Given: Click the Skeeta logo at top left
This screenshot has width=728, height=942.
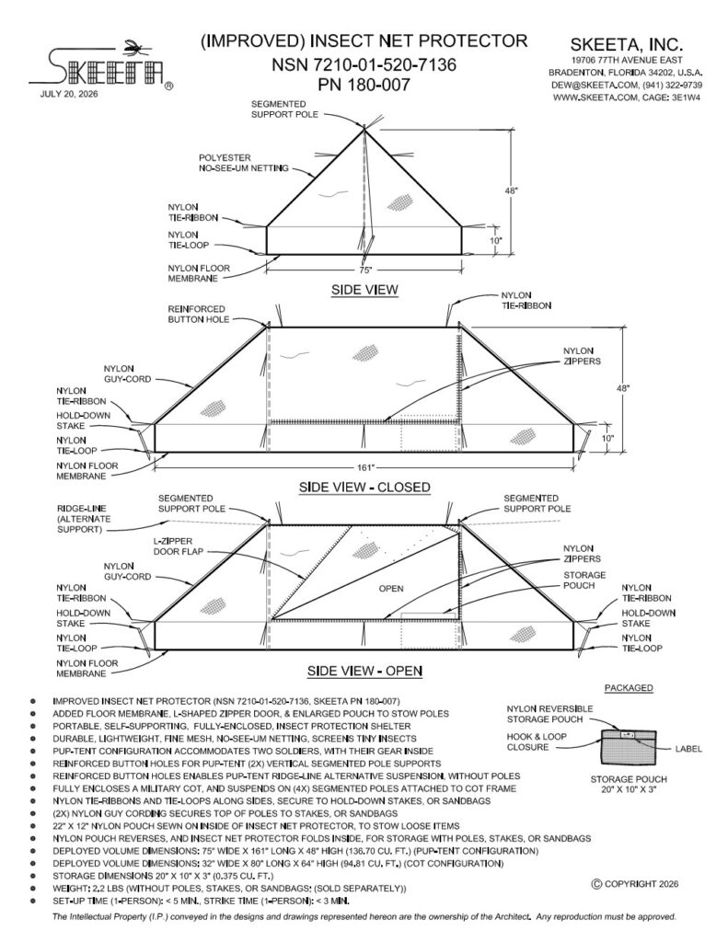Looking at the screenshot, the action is pos(101,66).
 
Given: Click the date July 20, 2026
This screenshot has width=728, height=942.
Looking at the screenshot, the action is pos(68,94).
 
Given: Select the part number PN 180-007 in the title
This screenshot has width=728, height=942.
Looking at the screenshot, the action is pos(364,85).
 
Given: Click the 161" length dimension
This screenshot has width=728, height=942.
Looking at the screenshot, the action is pos(365,466).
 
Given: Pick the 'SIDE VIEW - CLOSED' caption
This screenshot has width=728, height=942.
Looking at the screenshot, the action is pos(364,487).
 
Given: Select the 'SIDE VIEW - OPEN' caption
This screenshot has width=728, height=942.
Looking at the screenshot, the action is pos(364,671).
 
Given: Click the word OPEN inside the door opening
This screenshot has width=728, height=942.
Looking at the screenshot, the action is pos(391,588).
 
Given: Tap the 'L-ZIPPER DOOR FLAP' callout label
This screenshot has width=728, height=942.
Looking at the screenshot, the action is pos(178,546).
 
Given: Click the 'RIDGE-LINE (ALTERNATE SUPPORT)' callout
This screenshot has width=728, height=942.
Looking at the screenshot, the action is pos(84,519).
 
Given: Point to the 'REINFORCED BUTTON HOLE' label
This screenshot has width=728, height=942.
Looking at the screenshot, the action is pos(199,315).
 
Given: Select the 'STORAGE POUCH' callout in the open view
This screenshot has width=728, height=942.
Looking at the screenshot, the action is pos(584,580).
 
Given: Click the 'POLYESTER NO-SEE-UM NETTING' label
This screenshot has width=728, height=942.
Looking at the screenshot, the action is pos(244,163).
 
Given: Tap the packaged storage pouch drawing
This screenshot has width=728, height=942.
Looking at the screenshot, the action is pos(629,747).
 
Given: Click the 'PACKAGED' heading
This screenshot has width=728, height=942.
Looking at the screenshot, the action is pos(629,688).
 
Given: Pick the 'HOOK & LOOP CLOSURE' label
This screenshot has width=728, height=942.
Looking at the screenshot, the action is pos(537,742).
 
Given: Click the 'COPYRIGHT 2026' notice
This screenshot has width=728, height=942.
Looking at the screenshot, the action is pos(635,884).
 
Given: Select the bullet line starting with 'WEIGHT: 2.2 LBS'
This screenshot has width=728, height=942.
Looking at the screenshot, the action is pos(229,889).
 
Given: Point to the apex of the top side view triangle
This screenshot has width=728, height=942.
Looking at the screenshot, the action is pos(364,128).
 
